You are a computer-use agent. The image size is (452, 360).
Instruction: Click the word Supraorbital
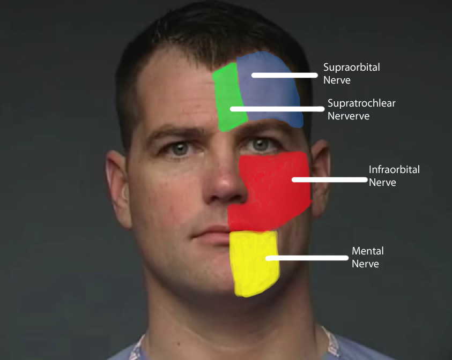point(351,67)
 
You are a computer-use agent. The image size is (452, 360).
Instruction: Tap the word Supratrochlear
point(361,103)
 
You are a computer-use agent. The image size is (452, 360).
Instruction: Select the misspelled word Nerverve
point(349,116)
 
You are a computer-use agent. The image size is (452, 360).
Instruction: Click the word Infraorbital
point(394,169)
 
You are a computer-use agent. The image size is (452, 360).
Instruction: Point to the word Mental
point(367,251)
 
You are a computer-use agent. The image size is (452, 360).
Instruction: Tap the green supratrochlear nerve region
point(228,96)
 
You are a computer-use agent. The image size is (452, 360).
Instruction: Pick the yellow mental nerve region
point(254,264)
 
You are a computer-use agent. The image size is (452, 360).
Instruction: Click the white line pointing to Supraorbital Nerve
point(285,75)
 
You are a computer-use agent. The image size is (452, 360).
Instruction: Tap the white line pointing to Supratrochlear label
point(277,109)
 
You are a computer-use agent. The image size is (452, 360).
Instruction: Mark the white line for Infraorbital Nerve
point(330,179)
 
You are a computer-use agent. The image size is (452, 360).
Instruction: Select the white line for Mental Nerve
point(307,258)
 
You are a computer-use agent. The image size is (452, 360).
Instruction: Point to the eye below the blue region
point(260,144)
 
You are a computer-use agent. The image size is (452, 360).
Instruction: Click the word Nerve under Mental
point(365,264)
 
